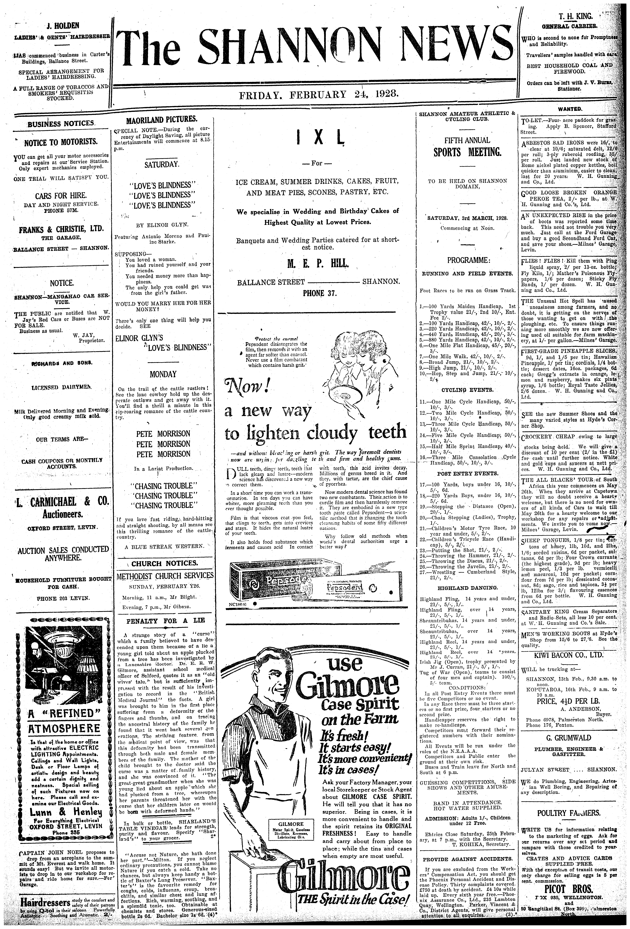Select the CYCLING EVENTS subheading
467,390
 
